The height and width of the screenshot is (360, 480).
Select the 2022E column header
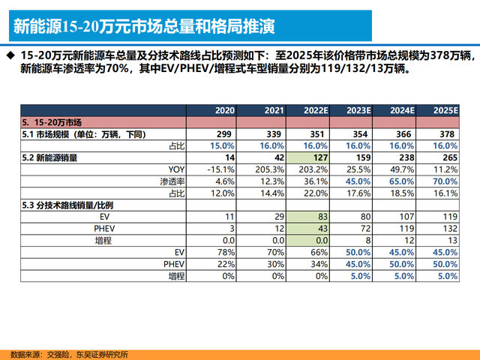[314, 110]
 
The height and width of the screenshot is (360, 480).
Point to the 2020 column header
[225, 110]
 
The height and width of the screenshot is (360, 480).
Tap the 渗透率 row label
[172, 181]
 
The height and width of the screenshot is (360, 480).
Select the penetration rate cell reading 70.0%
[444, 181]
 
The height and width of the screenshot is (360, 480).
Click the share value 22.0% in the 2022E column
[314, 193]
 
